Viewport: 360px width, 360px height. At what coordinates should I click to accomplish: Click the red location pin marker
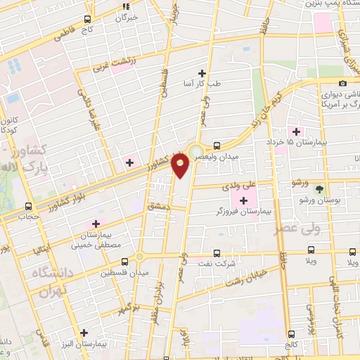180,166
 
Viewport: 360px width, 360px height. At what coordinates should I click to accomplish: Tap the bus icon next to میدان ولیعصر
217,146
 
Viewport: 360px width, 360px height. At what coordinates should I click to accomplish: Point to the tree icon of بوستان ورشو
319,189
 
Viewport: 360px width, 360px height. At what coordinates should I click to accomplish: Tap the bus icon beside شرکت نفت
215,253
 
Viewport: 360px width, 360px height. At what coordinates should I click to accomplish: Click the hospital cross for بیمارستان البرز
84,333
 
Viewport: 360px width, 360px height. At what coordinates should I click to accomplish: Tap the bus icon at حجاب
29,207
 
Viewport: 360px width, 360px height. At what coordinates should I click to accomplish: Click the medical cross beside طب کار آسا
202,73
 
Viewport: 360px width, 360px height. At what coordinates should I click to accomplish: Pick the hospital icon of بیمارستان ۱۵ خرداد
295,131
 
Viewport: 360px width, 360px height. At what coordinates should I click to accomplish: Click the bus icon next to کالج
292,334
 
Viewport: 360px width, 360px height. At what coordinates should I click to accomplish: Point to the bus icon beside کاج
87,20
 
